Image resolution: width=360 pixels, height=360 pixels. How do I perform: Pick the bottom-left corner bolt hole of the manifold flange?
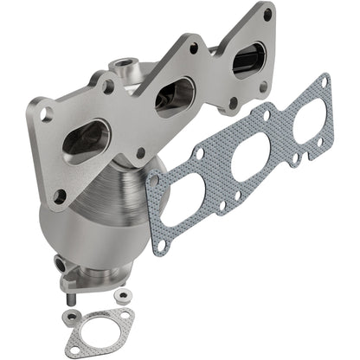[60, 196]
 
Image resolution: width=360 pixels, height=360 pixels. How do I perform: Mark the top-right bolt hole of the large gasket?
[324, 81]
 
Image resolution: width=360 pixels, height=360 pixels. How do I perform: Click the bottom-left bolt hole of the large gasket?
[159, 246]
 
